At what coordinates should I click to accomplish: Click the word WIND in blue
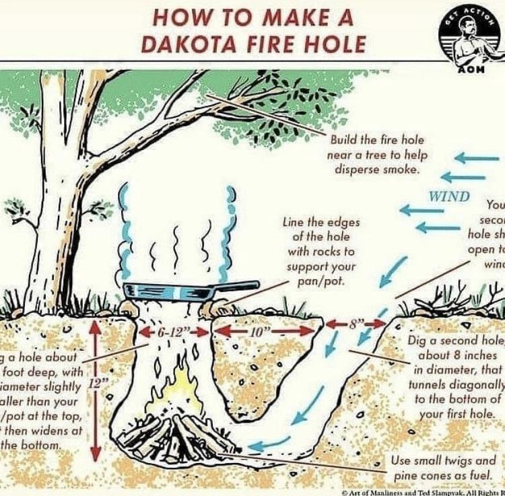[449, 197]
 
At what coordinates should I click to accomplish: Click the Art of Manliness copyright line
[424, 491]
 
